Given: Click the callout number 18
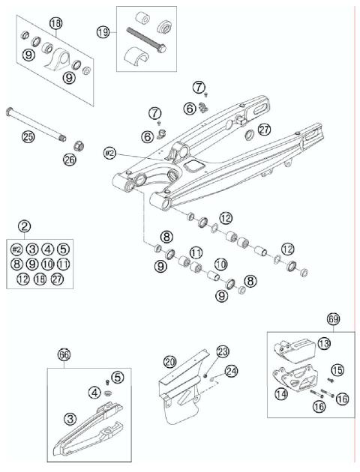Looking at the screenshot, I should click(x=55, y=25).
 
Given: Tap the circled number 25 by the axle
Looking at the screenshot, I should click(x=28, y=136).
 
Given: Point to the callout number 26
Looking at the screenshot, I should click(x=70, y=159).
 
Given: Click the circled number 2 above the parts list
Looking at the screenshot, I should click(x=25, y=226).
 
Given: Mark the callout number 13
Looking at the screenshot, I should click(x=323, y=343).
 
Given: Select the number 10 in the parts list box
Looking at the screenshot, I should click(x=47, y=264).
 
